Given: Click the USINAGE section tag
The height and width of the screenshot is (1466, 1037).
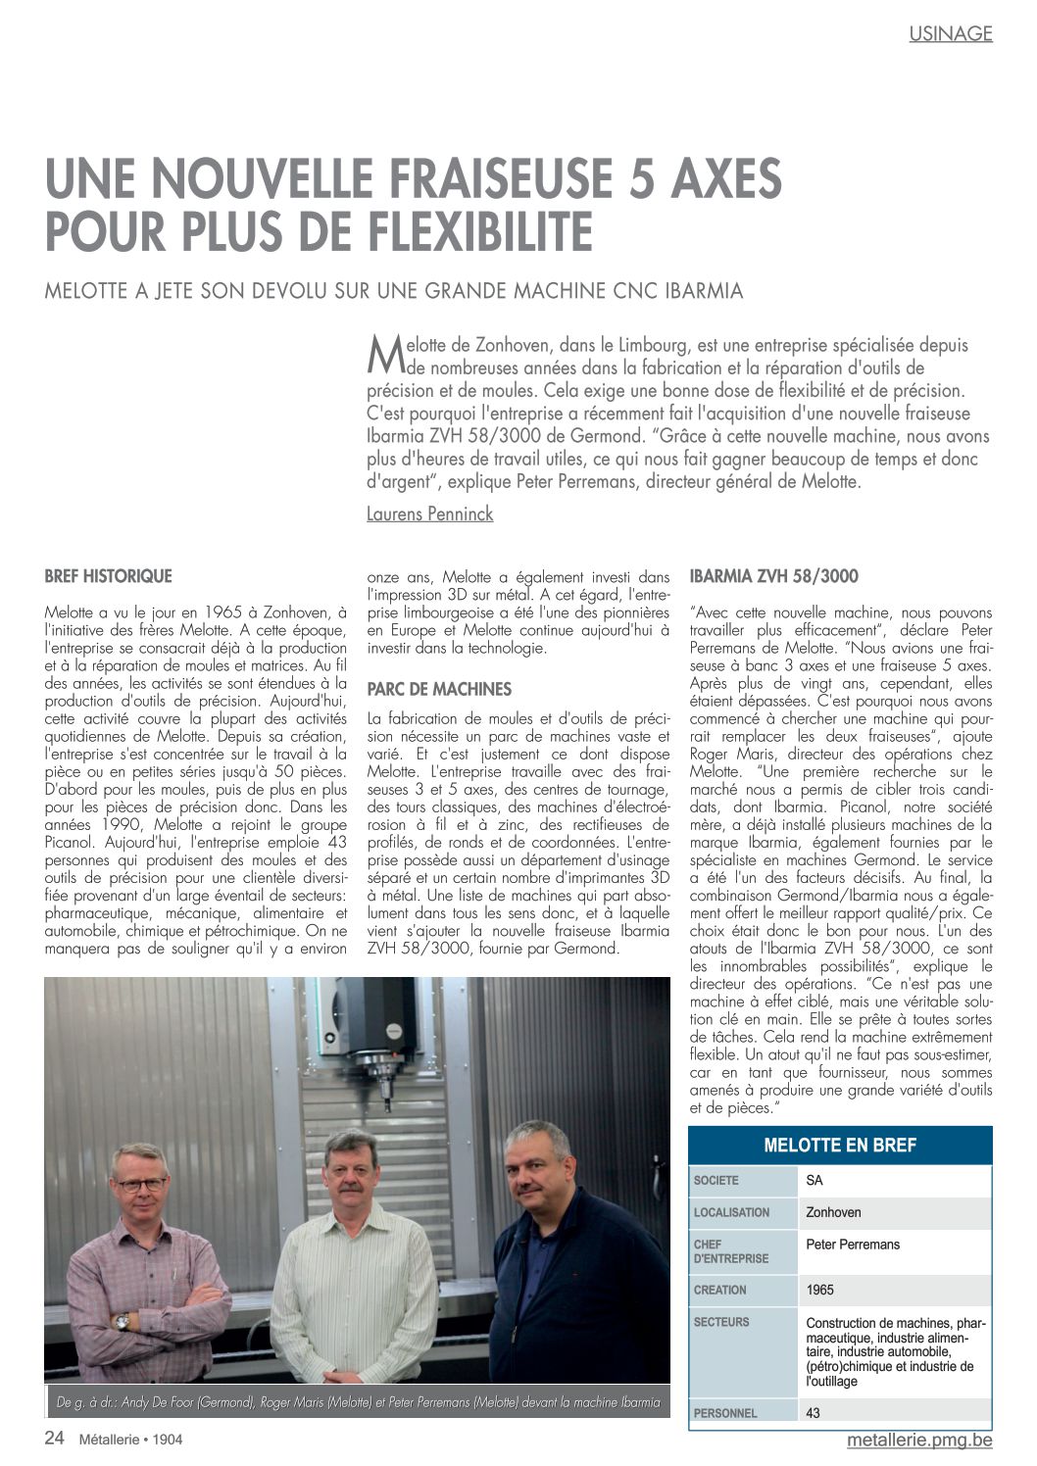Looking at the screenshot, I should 950,33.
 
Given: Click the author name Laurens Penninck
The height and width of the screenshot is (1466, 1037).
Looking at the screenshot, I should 429,513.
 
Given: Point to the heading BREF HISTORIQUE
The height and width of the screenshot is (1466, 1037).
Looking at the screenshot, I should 108,576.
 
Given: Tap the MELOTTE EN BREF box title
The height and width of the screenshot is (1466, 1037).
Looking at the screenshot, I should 840,1146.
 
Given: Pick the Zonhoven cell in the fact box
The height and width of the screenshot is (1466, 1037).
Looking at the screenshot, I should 833,1212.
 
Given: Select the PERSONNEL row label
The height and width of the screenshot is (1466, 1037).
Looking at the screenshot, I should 725,1413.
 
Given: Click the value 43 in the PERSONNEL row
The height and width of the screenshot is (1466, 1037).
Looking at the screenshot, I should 814,1413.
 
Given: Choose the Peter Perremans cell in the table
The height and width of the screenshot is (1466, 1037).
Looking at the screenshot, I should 853,1245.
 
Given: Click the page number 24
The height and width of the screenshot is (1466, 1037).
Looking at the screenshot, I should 55,1439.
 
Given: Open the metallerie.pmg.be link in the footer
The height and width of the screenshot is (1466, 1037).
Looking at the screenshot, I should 919,1440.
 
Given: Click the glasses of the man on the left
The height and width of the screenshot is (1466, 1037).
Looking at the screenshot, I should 140,1185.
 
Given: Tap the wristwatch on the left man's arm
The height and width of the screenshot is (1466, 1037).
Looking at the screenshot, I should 122,1322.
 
